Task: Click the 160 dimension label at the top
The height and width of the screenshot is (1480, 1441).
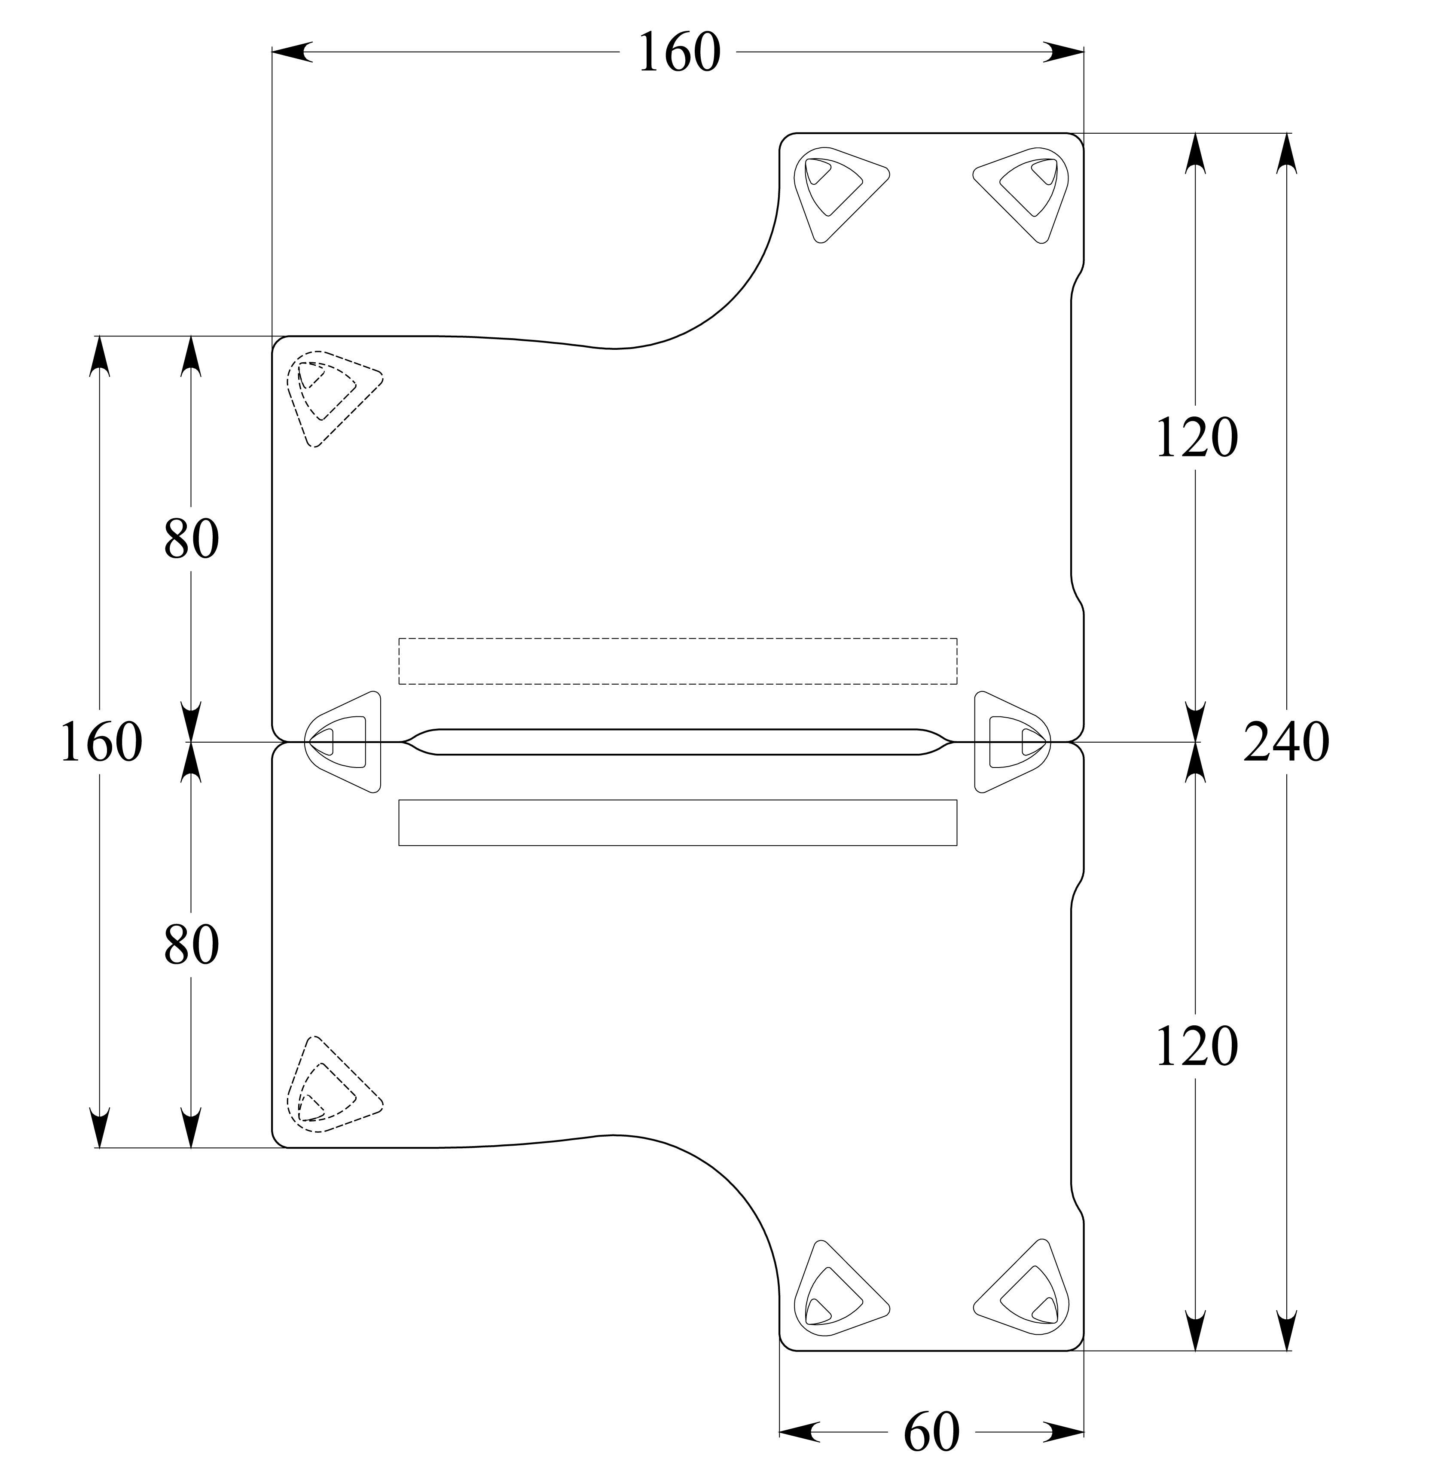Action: pyautogui.click(x=679, y=53)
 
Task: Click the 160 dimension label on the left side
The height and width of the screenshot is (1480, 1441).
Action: pyautogui.click(x=101, y=742)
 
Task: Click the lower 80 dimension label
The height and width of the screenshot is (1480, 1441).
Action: pyautogui.click(x=191, y=945)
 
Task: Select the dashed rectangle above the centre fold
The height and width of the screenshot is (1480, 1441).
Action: pyautogui.click(x=678, y=661)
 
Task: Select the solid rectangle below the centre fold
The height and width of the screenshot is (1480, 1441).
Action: pyautogui.click(x=678, y=822)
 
